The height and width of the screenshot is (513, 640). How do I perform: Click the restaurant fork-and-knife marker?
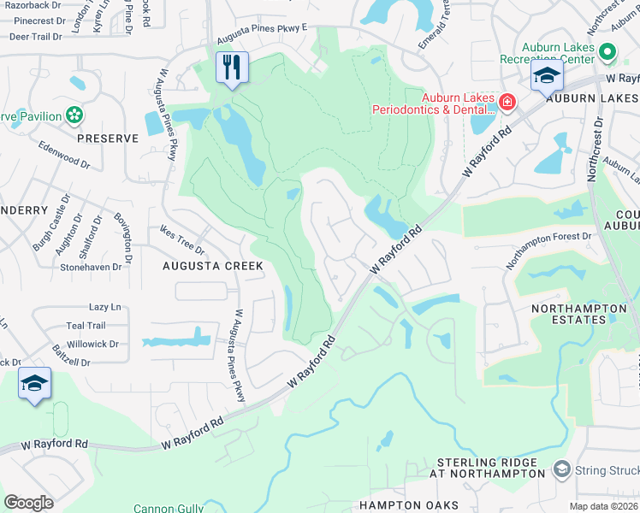tap(231, 67)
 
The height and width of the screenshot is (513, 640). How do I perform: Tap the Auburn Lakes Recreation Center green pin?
tap(607, 53)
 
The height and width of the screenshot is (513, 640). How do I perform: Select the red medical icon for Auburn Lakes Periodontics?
tap(507, 103)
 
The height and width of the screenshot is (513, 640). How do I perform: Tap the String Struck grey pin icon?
tap(561, 469)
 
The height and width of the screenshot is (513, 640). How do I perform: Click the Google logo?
tap(28, 502)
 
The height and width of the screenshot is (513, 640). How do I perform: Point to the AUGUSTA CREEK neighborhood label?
tap(212, 267)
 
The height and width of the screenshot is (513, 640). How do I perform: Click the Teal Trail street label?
tap(86, 326)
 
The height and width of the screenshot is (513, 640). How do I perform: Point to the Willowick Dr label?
tap(92, 344)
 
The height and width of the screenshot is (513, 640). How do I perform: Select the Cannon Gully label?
tap(168, 508)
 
